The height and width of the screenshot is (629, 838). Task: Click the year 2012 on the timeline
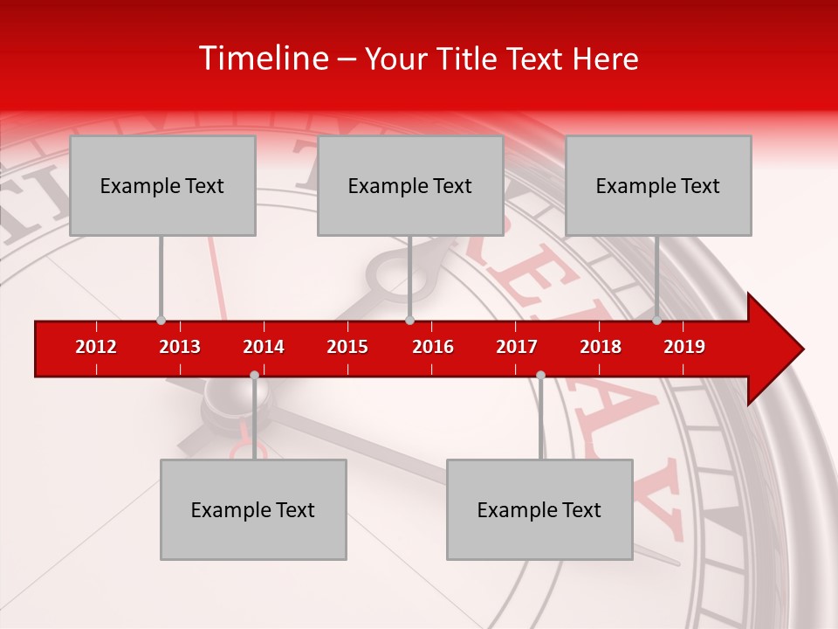96,347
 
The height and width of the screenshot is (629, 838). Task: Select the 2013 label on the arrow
180,347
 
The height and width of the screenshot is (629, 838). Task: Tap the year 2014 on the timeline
264,347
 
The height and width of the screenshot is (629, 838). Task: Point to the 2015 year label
347,347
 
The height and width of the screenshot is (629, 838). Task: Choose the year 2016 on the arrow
433,347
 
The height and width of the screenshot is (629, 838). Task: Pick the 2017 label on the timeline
517,347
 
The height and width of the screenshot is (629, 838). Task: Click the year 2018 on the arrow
601,347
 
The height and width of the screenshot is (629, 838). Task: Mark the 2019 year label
684,347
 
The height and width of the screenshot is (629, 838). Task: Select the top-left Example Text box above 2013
162,185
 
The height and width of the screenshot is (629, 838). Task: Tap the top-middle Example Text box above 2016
410,185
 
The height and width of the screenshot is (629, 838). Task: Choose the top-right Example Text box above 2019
658,185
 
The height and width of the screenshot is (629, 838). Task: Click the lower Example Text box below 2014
253,509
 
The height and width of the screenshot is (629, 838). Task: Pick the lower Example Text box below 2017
539,509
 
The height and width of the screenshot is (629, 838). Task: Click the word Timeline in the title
263,59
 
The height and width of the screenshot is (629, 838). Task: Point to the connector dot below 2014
254,376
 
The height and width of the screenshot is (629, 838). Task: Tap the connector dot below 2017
540,376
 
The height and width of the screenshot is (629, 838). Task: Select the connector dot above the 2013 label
161,321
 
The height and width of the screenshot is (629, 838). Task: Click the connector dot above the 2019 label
656,321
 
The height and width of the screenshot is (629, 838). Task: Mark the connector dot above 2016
409,321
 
